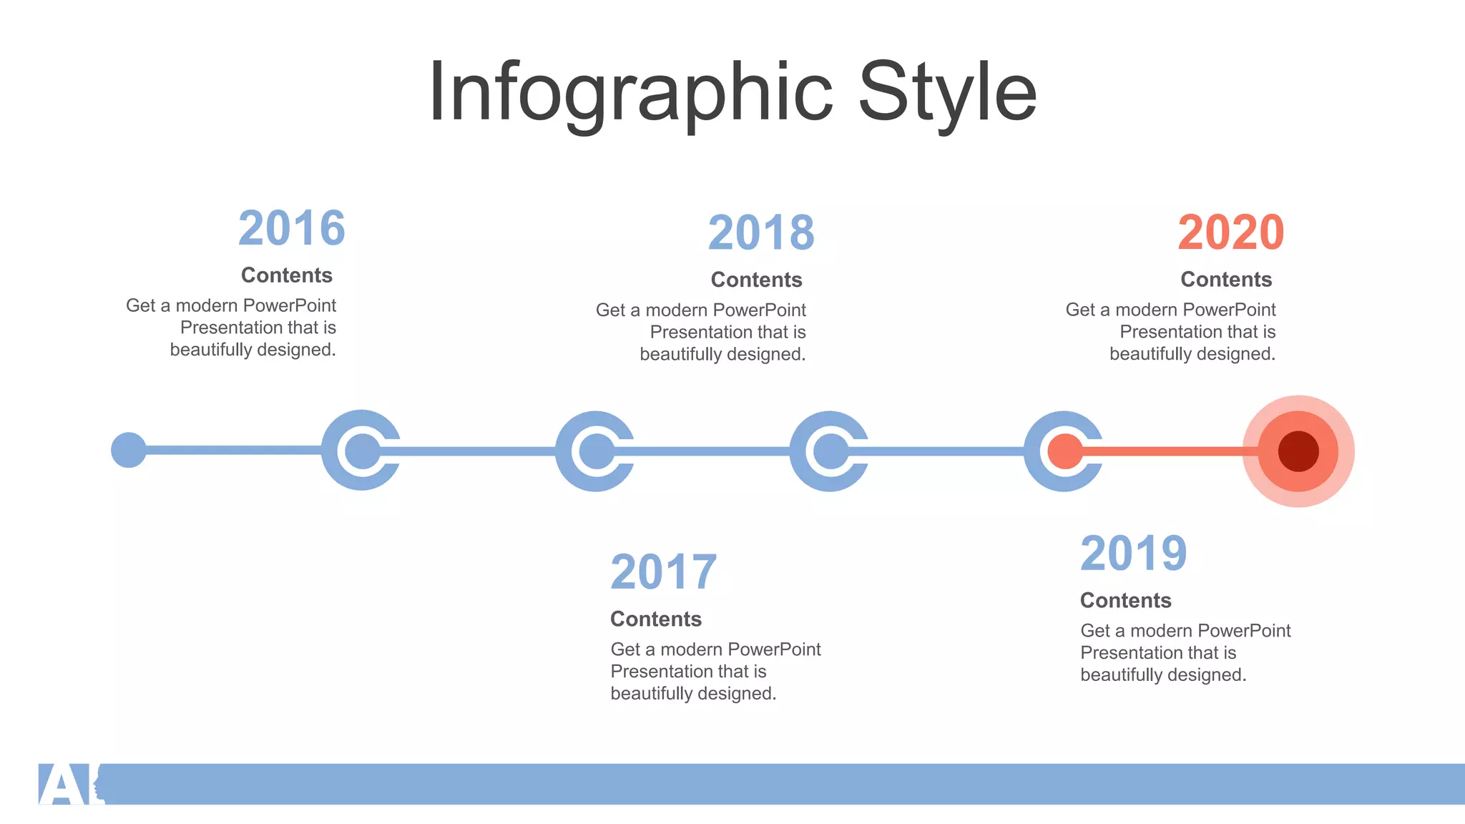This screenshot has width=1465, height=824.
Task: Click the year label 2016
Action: [x=292, y=228]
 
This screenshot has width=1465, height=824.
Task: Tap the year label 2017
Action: [x=664, y=572]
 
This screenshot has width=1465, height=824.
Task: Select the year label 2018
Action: [x=761, y=232]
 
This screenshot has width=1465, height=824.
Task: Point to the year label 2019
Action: [x=1134, y=554]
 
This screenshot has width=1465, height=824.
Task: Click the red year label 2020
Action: [x=1231, y=232]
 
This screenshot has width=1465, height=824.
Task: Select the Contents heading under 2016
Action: [x=287, y=275]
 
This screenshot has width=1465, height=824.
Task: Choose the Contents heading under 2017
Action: [x=656, y=619]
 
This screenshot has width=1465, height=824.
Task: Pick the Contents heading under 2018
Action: [x=757, y=280]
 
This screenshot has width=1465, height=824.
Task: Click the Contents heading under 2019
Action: [x=1126, y=601]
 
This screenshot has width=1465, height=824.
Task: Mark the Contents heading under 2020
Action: [x=1226, y=280]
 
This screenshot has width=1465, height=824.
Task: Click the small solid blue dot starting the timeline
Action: [x=129, y=450]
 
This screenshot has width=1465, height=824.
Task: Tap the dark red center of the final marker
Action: [x=1298, y=451]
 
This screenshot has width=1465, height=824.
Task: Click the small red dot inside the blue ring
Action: [x=1065, y=451]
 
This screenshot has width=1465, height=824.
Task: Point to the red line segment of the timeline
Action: [x=1173, y=451]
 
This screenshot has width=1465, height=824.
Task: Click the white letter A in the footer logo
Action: [x=63, y=785]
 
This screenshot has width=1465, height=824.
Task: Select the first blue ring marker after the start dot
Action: [x=362, y=450]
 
